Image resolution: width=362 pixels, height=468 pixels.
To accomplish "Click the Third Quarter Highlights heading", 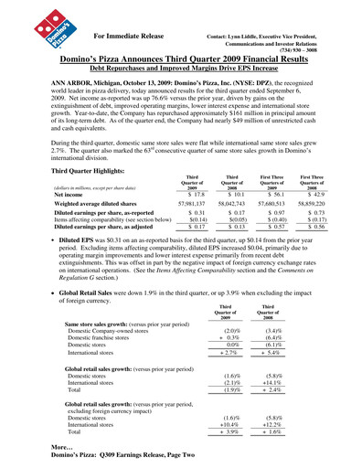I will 77,170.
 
